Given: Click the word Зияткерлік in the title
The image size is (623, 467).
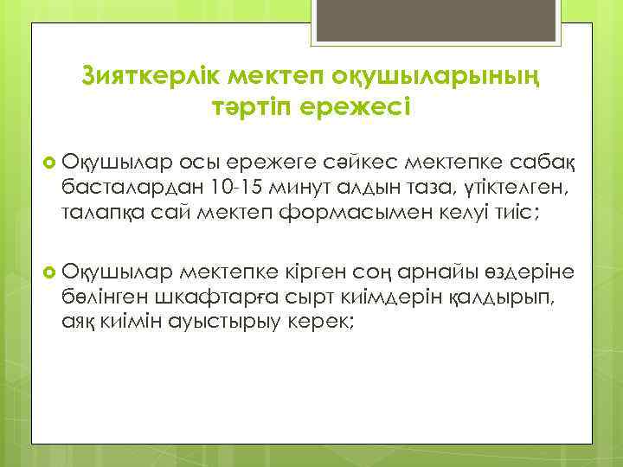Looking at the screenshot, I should click(152, 75).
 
